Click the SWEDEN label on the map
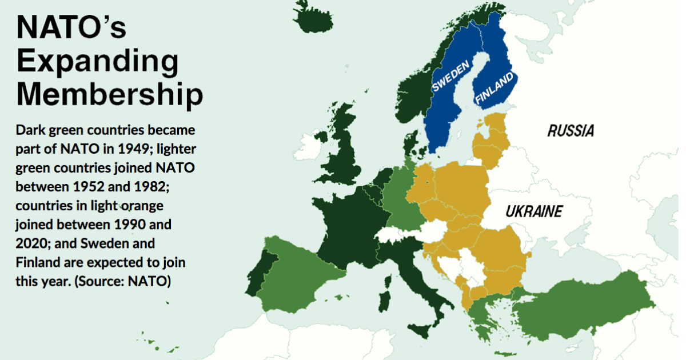click(x=451, y=77)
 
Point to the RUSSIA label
click(x=571, y=131)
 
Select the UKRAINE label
click(x=534, y=212)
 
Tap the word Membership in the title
click(x=109, y=94)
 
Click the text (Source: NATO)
click(x=123, y=281)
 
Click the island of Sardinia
click(x=386, y=302)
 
